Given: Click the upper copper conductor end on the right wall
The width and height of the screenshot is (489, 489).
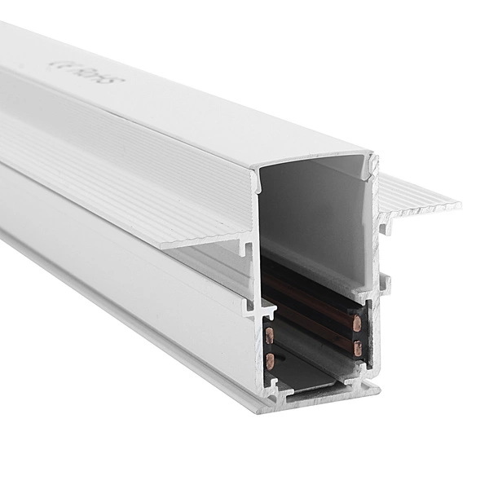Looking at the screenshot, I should [357, 324].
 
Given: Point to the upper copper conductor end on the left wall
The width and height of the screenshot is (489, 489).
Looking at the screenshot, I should [270, 333].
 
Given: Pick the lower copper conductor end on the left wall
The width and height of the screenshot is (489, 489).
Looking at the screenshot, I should [270, 359].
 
